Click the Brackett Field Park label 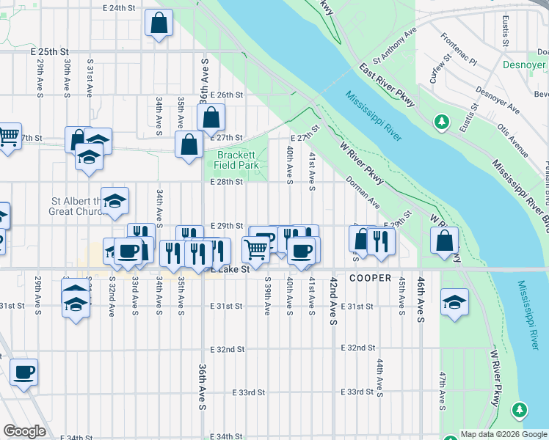[x=237, y=160]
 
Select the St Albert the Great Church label [x=75, y=206]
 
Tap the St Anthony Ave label [x=395, y=44]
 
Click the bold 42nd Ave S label [x=333, y=301]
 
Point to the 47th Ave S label [x=443, y=390]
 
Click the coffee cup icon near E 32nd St [x=23, y=372]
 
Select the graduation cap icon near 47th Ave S [x=454, y=302]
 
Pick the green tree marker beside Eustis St [x=442, y=121]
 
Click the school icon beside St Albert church [x=114, y=201]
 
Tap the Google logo [x=24, y=431]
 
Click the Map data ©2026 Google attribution [x=503, y=434]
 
